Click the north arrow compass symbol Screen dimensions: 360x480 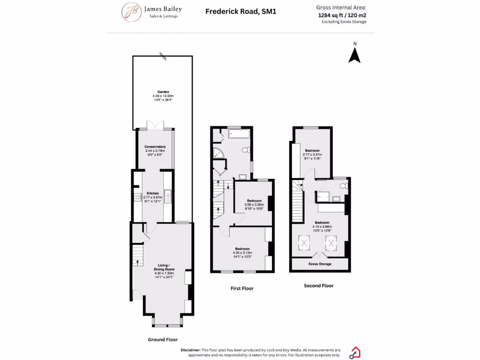click(x=355, y=55)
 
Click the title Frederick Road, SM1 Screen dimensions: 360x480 click(x=241, y=11)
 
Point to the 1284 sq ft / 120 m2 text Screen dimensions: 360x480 click(x=342, y=15)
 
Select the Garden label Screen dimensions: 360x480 click(x=163, y=92)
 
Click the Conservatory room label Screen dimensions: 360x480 click(x=155, y=147)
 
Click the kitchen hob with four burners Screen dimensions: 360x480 click(x=137, y=197)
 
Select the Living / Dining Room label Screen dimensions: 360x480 click(x=164, y=268)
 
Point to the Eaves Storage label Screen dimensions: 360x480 click(x=320, y=264)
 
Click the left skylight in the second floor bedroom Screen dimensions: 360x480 click(x=305, y=243)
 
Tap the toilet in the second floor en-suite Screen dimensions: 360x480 click(x=344, y=186)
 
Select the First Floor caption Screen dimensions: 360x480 click(x=242, y=288)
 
